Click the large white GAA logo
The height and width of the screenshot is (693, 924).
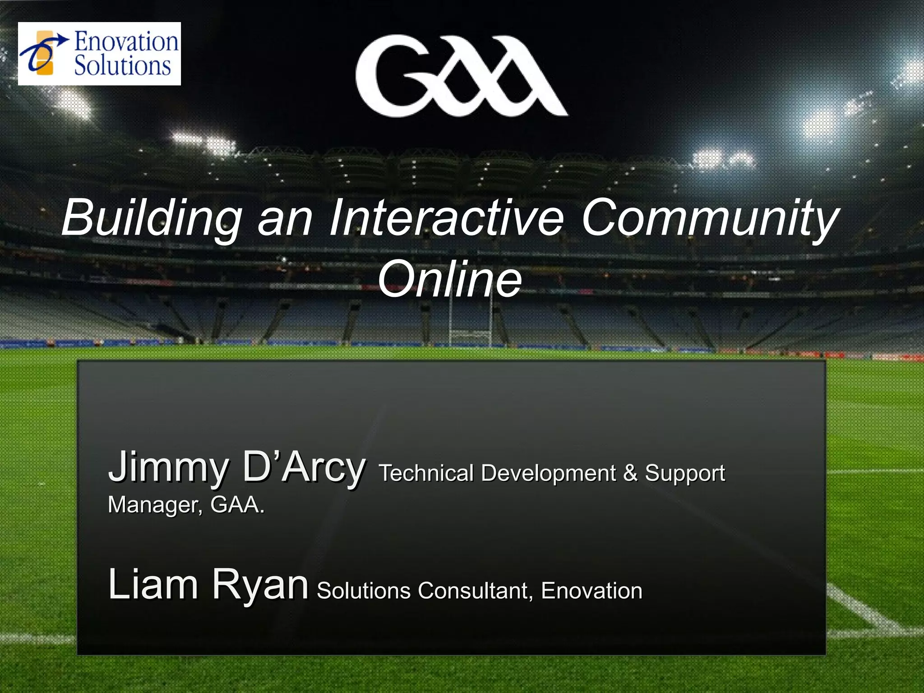pyautogui.click(x=461, y=76)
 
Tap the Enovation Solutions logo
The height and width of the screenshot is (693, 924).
pyautogui.click(x=99, y=54)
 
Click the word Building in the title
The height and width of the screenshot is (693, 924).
pyautogui.click(x=152, y=218)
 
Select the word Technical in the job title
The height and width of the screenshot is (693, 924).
pyautogui.click(x=426, y=473)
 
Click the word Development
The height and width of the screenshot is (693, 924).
pyautogui.click(x=548, y=473)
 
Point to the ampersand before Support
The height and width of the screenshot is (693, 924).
pyautogui.click(x=630, y=473)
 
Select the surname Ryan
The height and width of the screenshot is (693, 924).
pyautogui.click(x=260, y=585)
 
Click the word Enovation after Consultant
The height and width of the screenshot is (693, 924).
pyautogui.click(x=591, y=591)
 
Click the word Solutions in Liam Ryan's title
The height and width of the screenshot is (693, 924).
pyautogui.click(x=363, y=591)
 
